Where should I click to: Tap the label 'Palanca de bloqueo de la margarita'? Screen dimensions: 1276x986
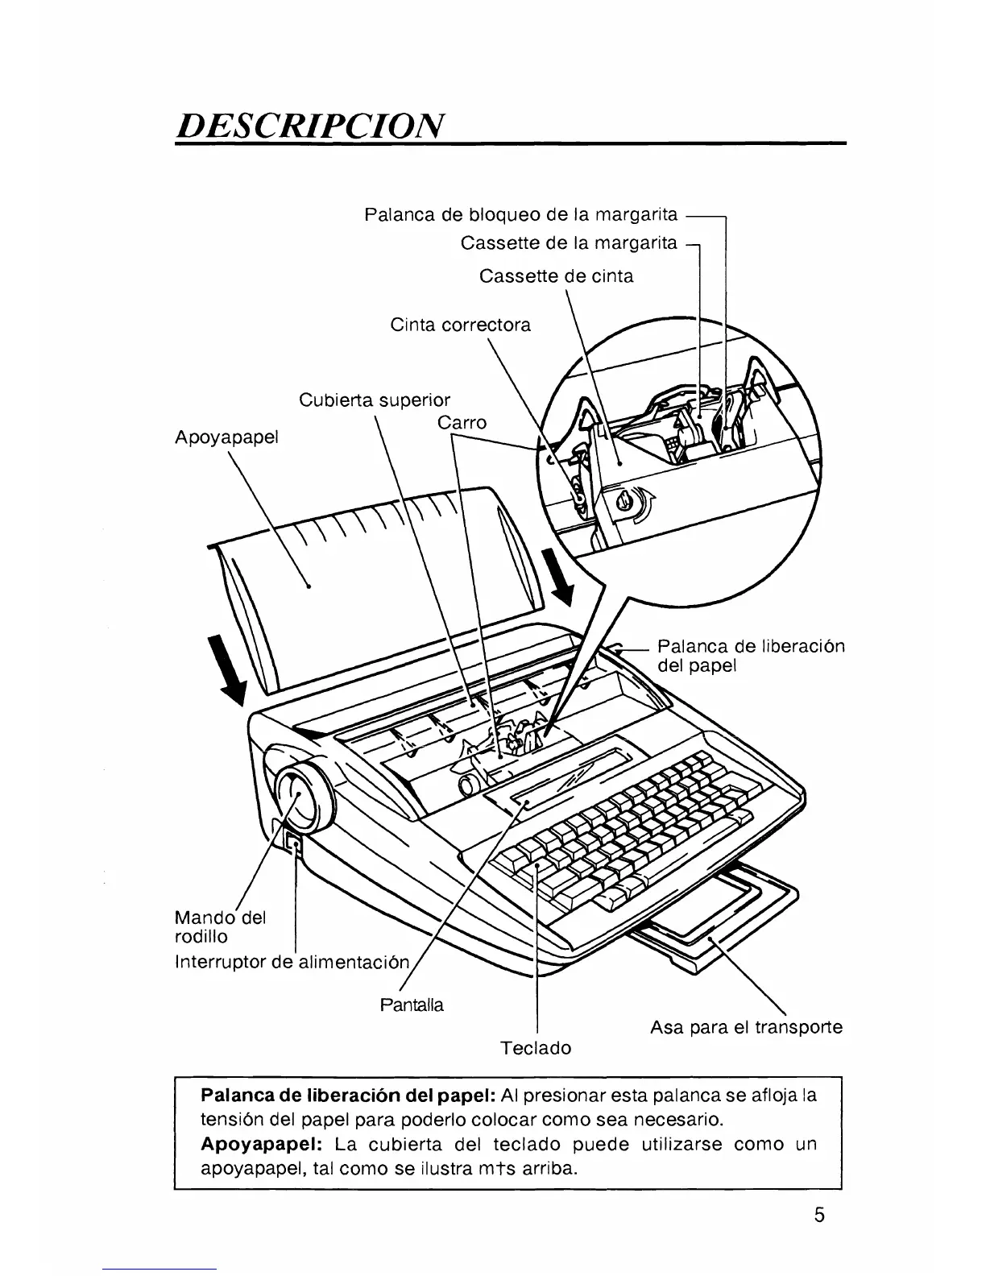point(520,215)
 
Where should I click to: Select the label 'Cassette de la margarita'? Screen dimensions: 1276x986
point(569,242)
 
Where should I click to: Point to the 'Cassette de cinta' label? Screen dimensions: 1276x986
point(556,276)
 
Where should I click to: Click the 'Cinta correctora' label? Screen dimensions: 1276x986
point(460,325)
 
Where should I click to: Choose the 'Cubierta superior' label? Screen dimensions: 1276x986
point(374,400)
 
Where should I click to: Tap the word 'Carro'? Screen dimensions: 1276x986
point(462,423)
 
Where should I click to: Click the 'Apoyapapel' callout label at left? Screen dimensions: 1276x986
point(226,437)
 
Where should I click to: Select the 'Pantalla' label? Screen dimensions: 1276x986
point(411,1005)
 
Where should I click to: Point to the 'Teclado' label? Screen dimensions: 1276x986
point(535,1048)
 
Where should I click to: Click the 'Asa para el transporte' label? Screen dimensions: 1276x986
point(746,1027)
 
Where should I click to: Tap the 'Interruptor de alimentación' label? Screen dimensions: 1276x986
point(293,962)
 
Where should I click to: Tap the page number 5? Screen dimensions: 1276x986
point(818,1216)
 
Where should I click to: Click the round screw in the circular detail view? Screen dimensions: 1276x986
point(625,503)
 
